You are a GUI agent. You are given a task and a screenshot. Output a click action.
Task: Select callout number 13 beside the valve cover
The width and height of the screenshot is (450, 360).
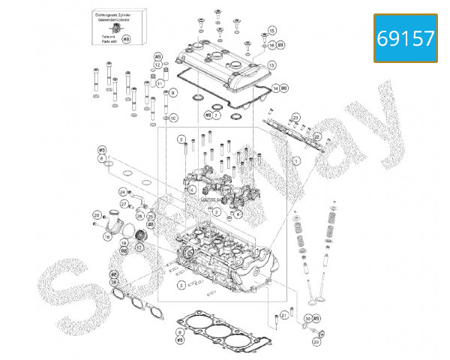pos(271,66)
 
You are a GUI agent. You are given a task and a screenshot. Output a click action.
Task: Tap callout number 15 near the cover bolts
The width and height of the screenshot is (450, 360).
pos(271,30)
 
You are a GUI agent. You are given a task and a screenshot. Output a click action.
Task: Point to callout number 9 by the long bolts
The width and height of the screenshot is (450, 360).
pos(172,93)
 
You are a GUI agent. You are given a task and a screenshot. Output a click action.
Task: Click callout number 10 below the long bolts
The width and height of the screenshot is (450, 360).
pos(173,118)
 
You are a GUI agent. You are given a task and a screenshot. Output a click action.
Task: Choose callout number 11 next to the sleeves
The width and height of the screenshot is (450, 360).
pos(160,82)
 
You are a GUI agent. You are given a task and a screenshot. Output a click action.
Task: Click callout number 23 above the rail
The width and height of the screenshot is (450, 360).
pos(296,118)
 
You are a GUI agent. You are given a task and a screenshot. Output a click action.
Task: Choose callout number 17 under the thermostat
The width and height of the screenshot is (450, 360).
pos(139,246)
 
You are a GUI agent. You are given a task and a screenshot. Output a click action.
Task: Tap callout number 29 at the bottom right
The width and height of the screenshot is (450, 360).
pos(316,342)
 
